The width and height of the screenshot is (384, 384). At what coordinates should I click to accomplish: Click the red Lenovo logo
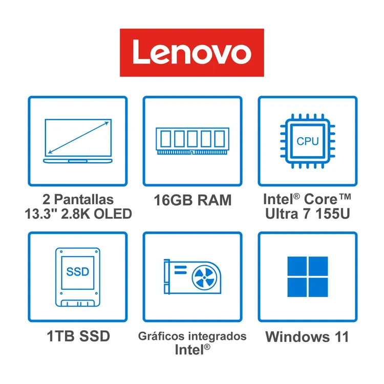click(192, 53)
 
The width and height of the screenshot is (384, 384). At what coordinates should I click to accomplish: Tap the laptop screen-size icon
click(78, 141)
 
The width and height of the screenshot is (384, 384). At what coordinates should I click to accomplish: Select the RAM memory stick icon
click(193, 141)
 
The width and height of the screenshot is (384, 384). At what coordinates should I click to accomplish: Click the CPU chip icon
click(308, 141)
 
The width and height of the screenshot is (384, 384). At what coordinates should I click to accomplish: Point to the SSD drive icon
click(78, 277)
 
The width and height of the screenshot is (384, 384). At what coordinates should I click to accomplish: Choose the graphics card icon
click(193, 276)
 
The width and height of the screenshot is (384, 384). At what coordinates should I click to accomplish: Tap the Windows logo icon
click(308, 276)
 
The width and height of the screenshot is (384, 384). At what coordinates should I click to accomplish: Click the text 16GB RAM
click(193, 200)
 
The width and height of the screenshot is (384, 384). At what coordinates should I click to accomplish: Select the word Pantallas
click(84, 199)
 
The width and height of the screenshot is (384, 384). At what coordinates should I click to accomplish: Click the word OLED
click(113, 214)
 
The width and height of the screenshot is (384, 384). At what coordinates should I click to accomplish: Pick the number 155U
click(333, 214)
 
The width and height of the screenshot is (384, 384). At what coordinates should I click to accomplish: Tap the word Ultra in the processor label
click(282, 214)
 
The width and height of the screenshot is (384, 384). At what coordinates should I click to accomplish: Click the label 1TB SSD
click(78, 336)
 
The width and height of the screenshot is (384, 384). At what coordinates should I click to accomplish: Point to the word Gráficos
click(161, 336)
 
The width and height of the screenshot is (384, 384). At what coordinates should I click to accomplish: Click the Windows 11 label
click(307, 337)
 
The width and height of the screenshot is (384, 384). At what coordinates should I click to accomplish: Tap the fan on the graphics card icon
click(204, 278)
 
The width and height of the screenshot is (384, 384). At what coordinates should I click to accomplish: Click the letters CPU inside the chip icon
click(308, 141)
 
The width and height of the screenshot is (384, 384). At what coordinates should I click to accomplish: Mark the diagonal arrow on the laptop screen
click(78, 138)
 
